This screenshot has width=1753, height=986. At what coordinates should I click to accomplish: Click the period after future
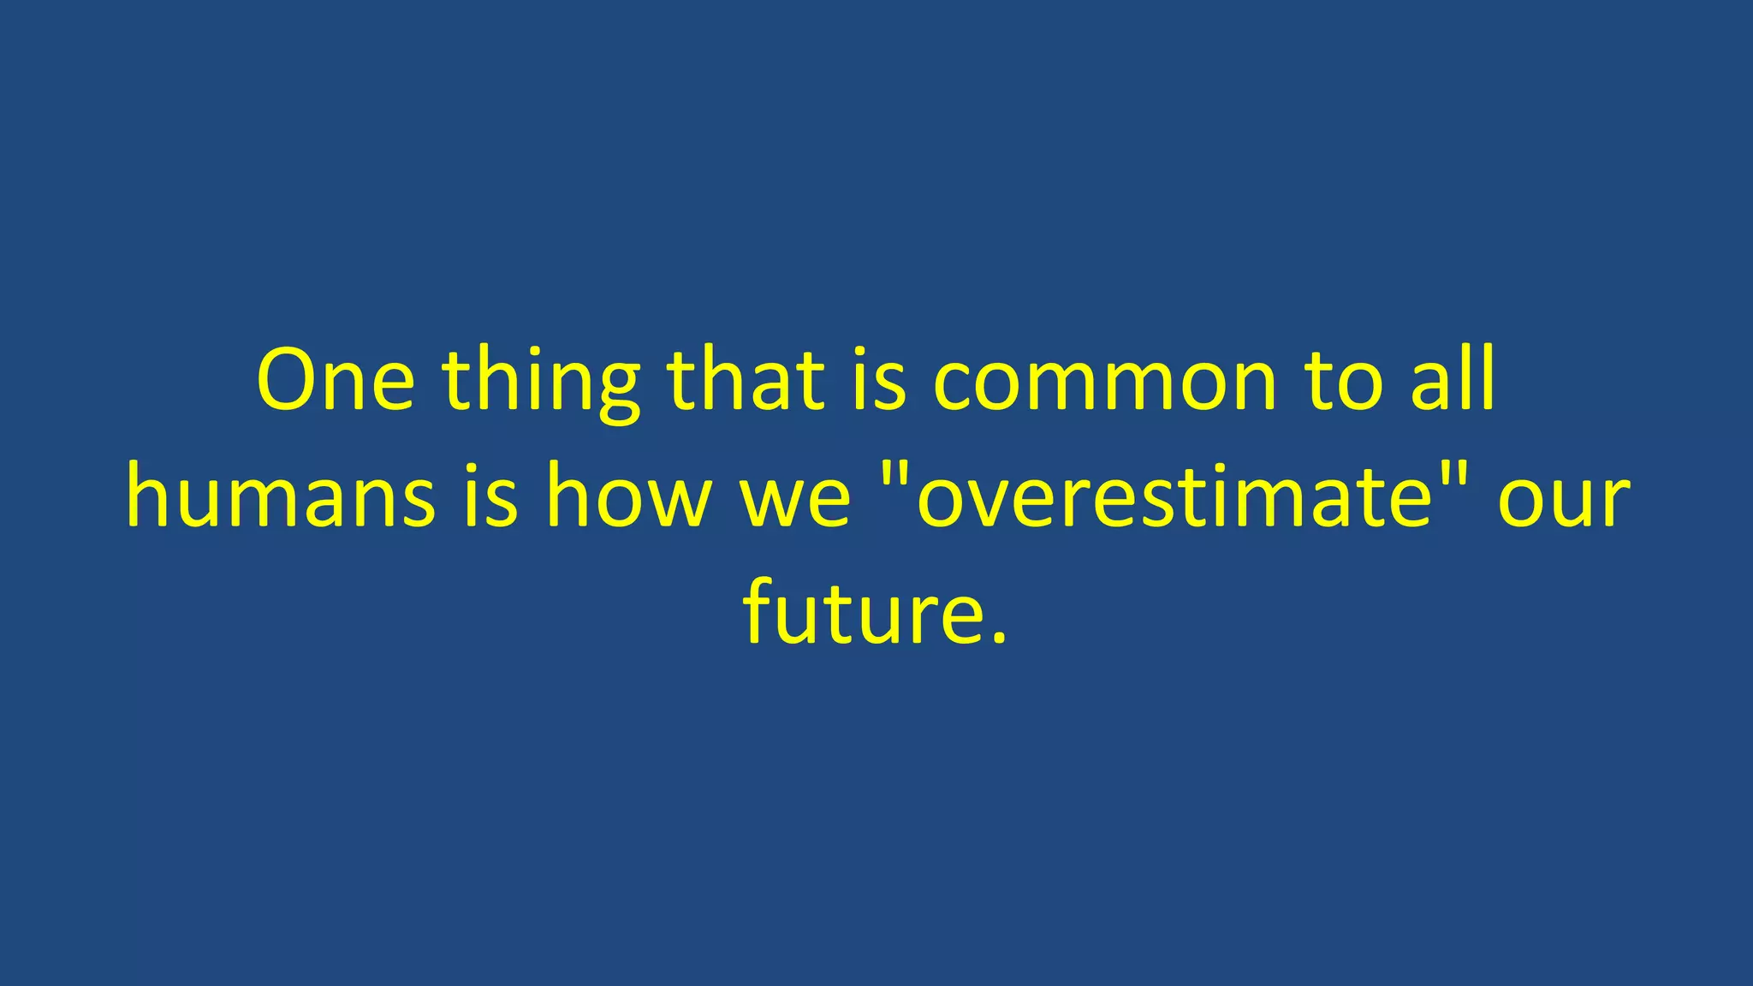click(998, 637)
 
